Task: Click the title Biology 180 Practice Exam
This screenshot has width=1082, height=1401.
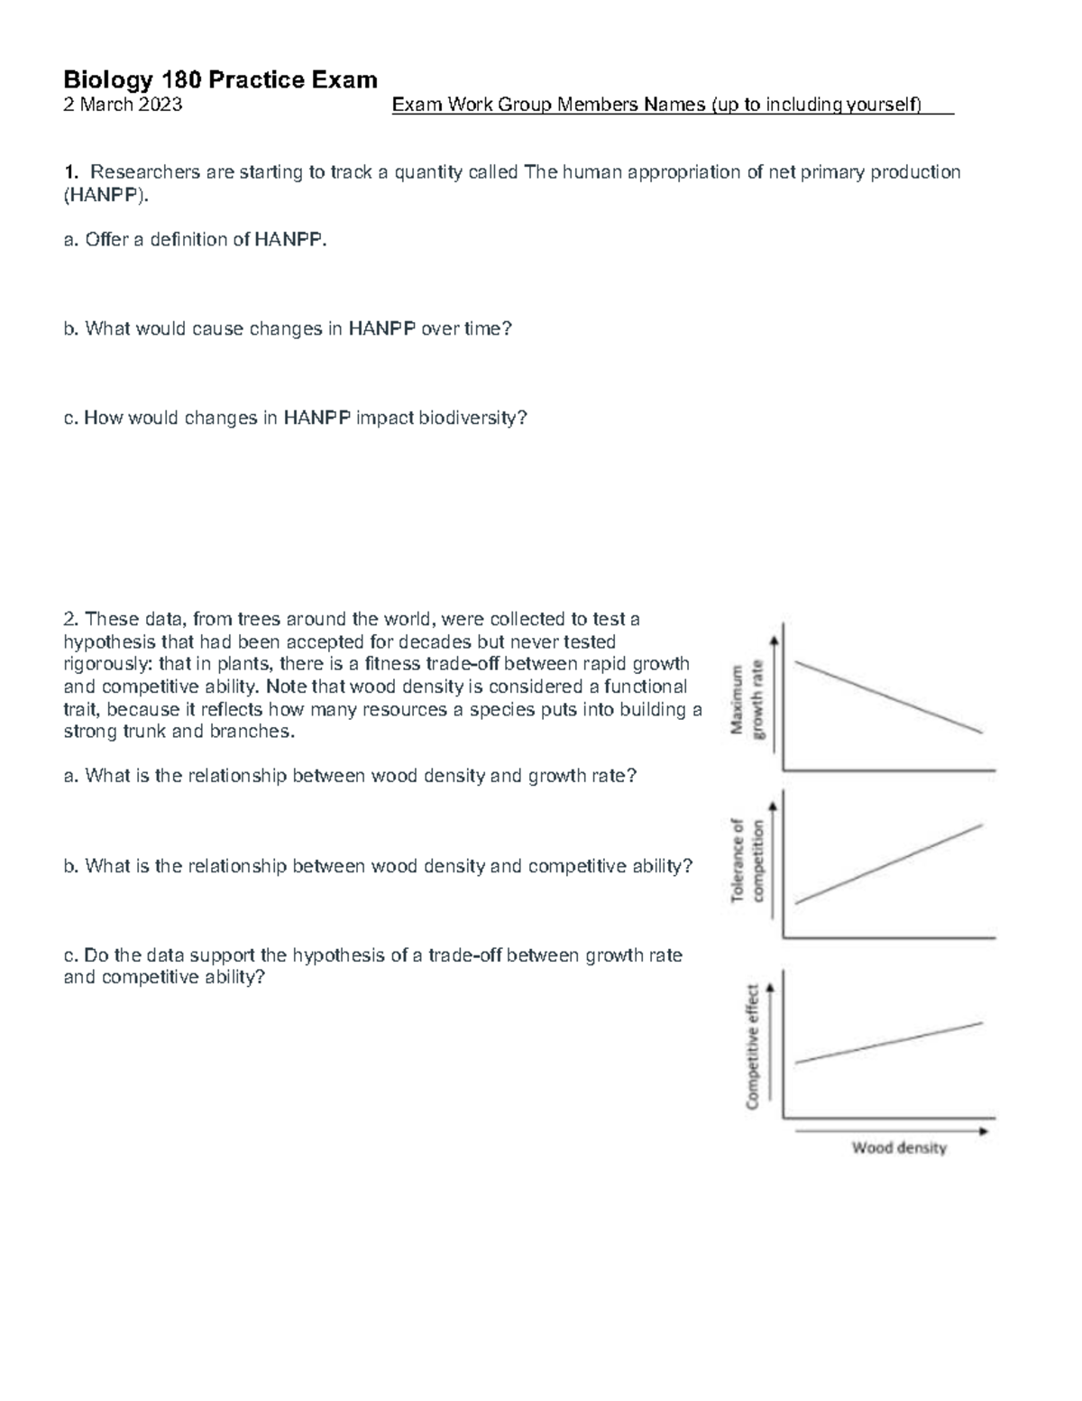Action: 220,80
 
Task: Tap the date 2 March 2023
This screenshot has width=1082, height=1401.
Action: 123,105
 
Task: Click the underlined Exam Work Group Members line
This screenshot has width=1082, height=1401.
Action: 672,106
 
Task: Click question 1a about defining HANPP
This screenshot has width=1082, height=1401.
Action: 194,240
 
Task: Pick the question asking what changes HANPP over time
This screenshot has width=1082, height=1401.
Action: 287,329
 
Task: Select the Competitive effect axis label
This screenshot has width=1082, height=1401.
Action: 753,1045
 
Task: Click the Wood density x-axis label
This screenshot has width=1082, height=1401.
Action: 899,1148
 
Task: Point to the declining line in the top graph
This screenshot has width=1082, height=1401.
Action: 888,697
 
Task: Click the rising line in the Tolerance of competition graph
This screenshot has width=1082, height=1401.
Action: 888,863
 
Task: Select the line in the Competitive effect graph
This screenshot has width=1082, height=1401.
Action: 888,1043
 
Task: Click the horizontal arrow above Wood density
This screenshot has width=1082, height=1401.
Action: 893,1129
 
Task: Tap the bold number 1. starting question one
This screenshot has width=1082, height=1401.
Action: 71,172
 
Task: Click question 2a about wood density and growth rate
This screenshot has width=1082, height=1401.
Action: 350,776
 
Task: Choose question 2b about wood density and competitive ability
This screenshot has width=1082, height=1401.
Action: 378,866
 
